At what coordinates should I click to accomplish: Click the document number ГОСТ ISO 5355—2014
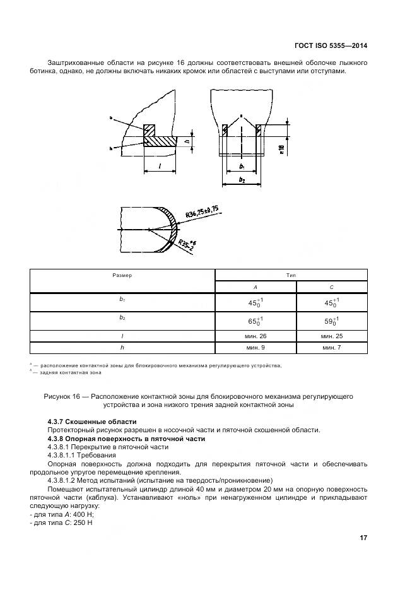(331, 45)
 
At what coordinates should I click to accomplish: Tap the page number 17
(363, 538)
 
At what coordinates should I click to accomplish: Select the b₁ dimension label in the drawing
(242, 166)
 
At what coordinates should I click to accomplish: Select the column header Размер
(122, 275)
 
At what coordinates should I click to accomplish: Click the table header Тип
(291, 275)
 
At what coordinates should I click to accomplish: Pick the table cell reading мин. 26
(254, 336)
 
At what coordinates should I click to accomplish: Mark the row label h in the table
(122, 348)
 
